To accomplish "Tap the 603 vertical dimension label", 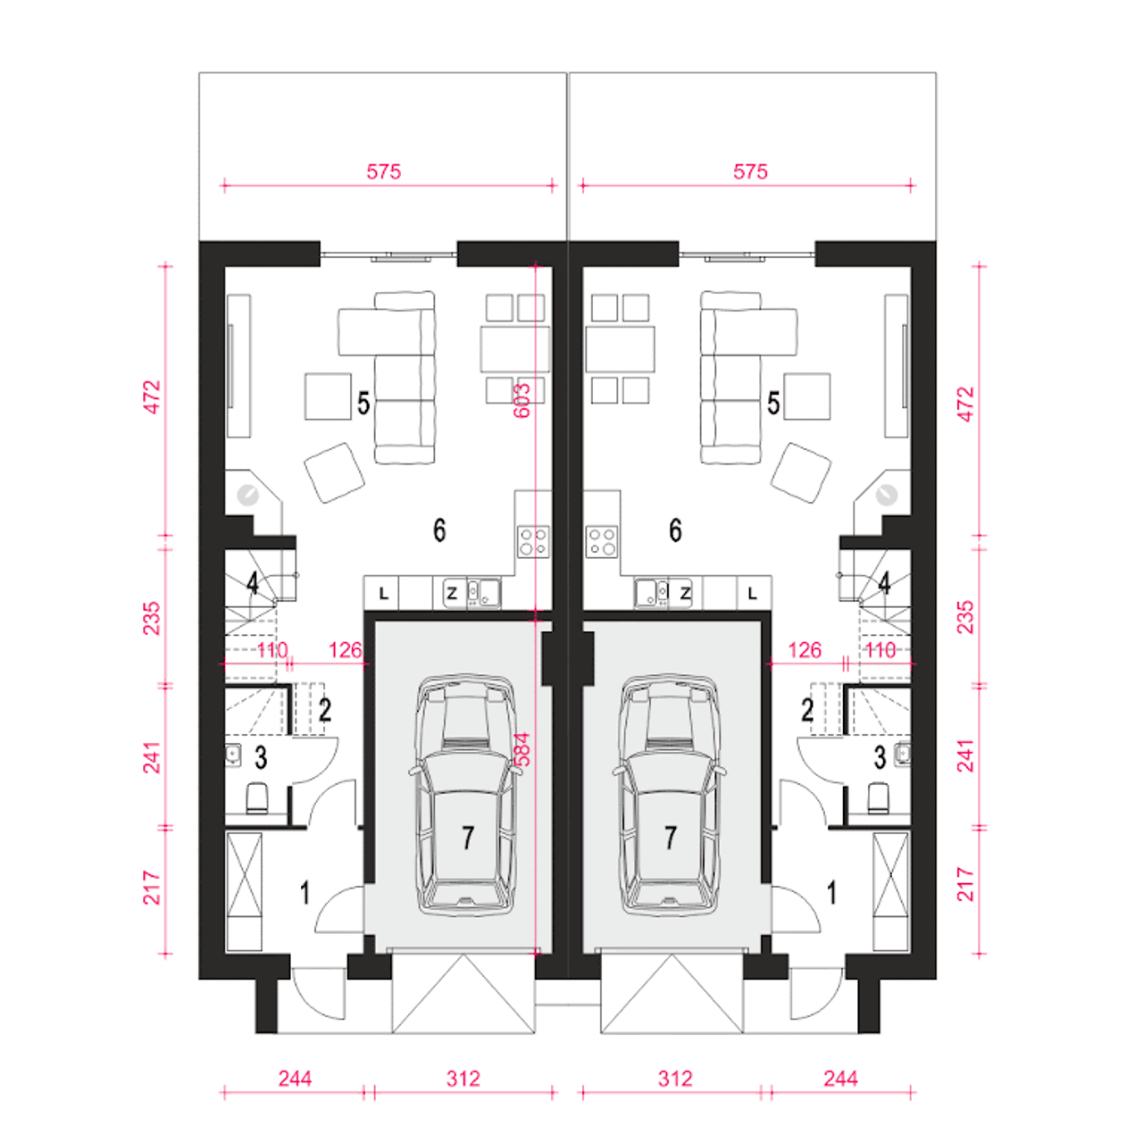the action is pyautogui.click(x=521, y=401).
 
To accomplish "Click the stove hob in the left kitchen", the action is pyautogui.click(x=532, y=541).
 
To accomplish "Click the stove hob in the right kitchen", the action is pyautogui.click(x=602, y=541).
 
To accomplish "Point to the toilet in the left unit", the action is pyautogui.click(x=257, y=797).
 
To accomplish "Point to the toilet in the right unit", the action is pyautogui.click(x=879, y=797).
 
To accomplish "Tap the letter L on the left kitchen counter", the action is pyautogui.click(x=384, y=593).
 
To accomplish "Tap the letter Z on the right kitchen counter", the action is pyautogui.click(x=686, y=593).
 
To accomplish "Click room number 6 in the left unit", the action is pyautogui.click(x=439, y=530).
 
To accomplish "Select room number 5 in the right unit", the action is pyautogui.click(x=773, y=403).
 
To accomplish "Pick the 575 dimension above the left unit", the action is pyautogui.click(x=384, y=172).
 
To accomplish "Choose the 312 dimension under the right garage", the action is pyautogui.click(x=675, y=1079).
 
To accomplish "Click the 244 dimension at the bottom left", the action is pyautogui.click(x=295, y=1079).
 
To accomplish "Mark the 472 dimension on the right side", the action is pyautogui.click(x=965, y=404).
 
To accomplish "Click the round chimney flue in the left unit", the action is pyautogui.click(x=247, y=495).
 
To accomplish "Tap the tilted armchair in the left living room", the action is pyautogui.click(x=334, y=472).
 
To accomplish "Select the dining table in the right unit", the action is pyautogui.click(x=620, y=349).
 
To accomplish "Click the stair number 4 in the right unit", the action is pyautogui.click(x=884, y=584).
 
